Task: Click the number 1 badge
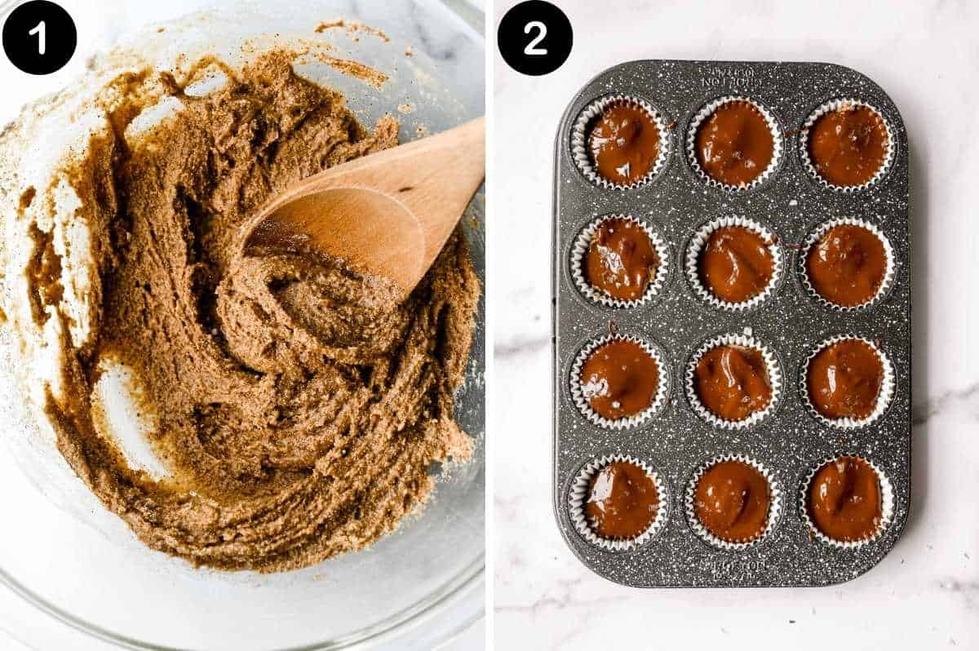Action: tap(39, 38)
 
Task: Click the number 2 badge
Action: tap(534, 38)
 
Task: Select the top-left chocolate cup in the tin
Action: tap(621, 143)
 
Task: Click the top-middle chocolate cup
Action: tap(734, 143)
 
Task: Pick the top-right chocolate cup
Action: tap(848, 144)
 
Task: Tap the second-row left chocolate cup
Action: tap(620, 260)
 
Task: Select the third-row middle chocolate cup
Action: tap(733, 381)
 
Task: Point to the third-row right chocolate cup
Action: tap(846, 380)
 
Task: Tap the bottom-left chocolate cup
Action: tap(619, 499)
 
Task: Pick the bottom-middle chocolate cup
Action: tap(732, 500)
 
